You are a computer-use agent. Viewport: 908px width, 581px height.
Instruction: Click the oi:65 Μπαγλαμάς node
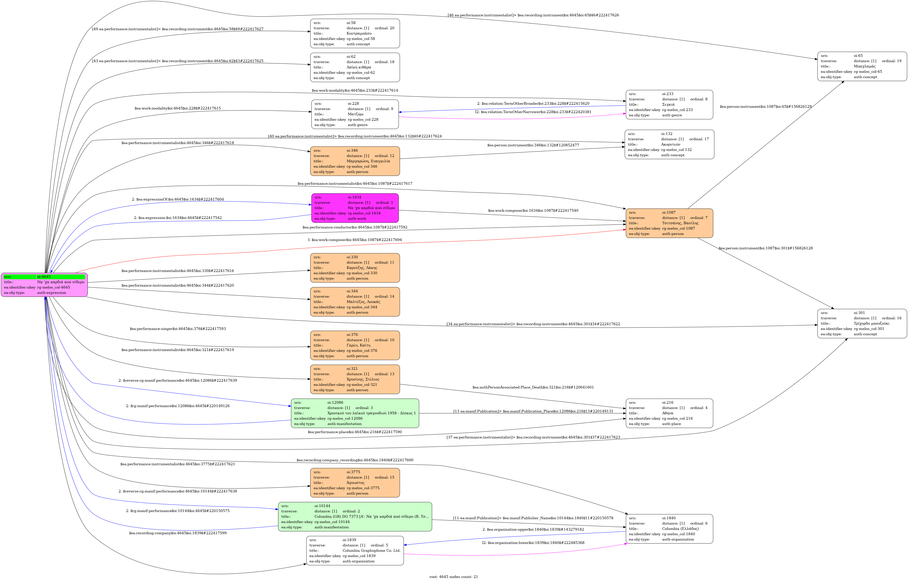click(862, 66)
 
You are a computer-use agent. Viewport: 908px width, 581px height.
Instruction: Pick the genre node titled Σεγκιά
click(669, 105)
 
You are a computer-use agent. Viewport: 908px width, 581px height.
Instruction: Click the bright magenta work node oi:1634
click(355, 208)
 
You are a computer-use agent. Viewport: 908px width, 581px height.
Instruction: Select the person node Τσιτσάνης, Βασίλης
click(669, 223)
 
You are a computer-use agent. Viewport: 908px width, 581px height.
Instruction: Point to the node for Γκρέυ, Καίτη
click(355, 345)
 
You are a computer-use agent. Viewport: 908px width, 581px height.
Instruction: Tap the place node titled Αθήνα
click(669, 413)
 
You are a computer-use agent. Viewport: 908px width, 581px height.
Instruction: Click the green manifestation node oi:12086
click(355, 413)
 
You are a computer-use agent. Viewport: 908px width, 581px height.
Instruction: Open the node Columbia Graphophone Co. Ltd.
click(355, 550)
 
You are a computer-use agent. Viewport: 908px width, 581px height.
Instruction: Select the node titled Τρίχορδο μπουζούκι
click(862, 323)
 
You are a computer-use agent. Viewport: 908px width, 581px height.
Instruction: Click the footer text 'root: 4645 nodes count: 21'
click(454, 576)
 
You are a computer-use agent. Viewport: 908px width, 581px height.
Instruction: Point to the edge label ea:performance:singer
click(178, 329)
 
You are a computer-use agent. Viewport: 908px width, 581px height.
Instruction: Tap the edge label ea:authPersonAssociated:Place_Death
click(533, 387)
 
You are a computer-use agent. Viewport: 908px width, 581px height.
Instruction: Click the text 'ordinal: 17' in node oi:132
click(699, 139)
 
